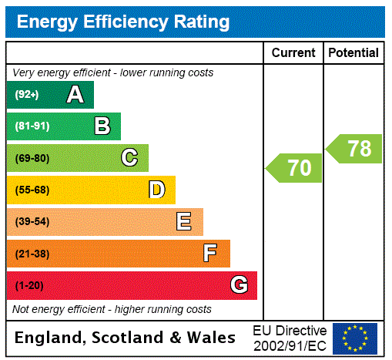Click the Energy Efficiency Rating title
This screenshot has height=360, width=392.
pos(123,22)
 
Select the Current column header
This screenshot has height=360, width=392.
pos(293,53)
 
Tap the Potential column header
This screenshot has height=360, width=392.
pos(353,53)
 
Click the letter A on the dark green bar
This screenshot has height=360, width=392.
pos(75,95)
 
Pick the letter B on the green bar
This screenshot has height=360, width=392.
pos(102,126)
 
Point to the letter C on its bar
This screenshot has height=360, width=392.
pos(129,158)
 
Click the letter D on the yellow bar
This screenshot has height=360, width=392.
pos(156,190)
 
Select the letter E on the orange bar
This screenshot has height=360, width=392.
pos(184,222)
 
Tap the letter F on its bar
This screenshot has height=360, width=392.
pos(210,254)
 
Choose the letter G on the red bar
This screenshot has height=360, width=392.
pos(239,285)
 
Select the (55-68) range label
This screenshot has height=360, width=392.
pos(32,190)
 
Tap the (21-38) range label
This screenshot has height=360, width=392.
pos(32,254)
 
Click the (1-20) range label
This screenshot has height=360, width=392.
pos(29,286)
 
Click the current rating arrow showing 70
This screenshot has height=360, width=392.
pos(296,168)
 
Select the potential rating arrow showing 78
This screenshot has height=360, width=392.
pos(355,149)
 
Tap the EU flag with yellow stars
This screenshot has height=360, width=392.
pos(355,338)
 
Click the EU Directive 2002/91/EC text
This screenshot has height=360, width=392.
pos(290,338)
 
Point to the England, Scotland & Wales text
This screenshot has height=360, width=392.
pos(126,338)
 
